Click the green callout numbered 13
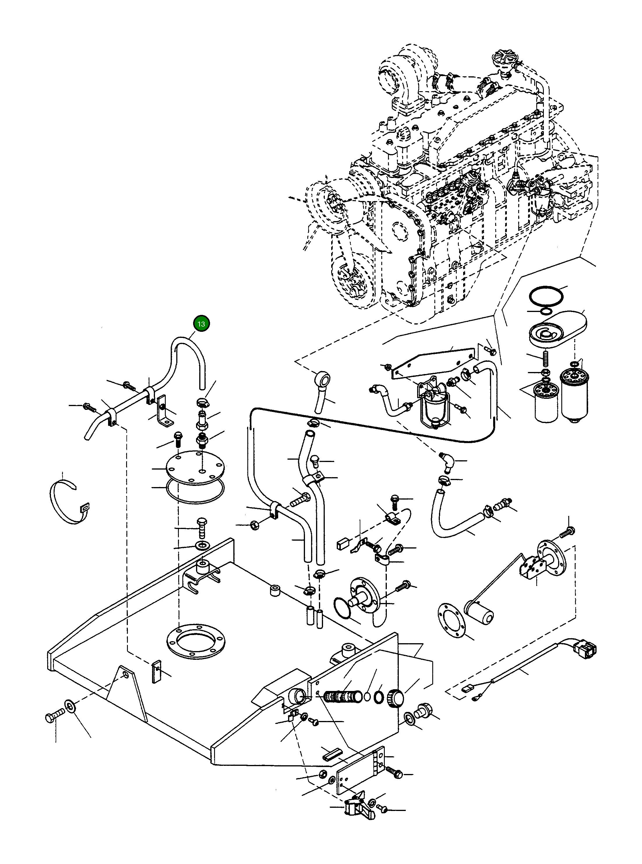[201, 323]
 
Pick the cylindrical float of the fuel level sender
[479, 614]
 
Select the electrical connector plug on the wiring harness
[585, 648]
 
